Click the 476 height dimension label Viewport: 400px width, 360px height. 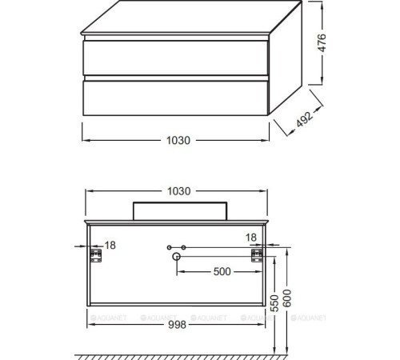[322, 43]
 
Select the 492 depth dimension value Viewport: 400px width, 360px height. [305, 119]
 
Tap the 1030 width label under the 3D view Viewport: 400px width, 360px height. [178, 141]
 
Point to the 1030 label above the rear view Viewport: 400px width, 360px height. [178, 191]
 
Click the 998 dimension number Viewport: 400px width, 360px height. [177, 325]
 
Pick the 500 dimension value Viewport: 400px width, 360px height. [222, 272]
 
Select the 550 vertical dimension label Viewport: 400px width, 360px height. [274, 303]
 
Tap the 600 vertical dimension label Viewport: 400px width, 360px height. [287, 298]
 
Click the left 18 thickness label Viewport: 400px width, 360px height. [110, 246]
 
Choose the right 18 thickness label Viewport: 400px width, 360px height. [251, 238]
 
